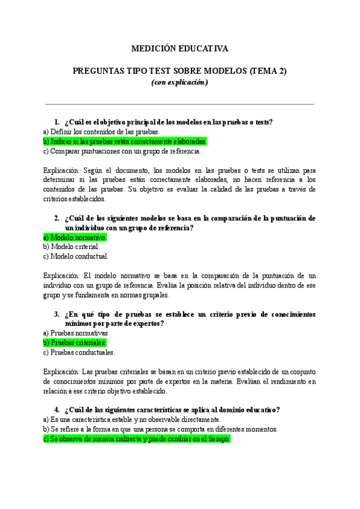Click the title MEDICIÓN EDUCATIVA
pos(179,49)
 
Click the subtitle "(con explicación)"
pos(179,82)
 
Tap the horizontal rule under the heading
pos(179,104)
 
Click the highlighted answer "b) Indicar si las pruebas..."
pos(125,142)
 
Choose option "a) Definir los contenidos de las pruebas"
pos(93,131)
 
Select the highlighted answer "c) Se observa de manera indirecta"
pos(137,439)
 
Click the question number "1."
pos(57,122)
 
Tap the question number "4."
pos(57,410)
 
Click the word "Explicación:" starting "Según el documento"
pos(62,170)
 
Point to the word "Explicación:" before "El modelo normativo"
pos(62,276)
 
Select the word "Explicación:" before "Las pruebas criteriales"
pos(62,372)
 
